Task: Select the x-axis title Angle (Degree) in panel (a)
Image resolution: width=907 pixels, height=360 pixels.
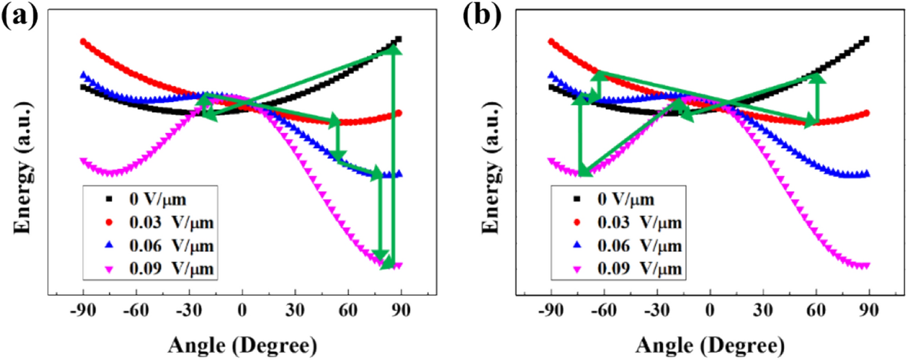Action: [x=242, y=345]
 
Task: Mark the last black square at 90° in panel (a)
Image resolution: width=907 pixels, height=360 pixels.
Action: [x=398, y=39]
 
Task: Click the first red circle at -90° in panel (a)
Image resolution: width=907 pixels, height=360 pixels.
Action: [x=83, y=41]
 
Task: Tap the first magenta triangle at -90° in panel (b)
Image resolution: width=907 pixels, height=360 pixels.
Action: [x=550, y=160]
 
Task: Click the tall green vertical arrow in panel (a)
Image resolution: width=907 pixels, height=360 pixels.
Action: [x=393, y=155]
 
